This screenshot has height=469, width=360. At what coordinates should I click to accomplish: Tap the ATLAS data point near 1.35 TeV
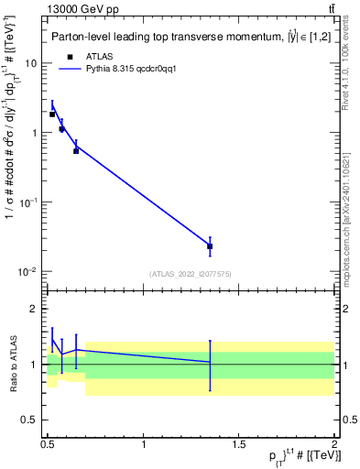pyautogui.click(x=211, y=245)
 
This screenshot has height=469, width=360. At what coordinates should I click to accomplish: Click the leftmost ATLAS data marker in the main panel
pyautogui.click(x=52, y=115)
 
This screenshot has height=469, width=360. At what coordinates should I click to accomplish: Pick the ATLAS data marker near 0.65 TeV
pyautogui.click(x=76, y=150)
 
